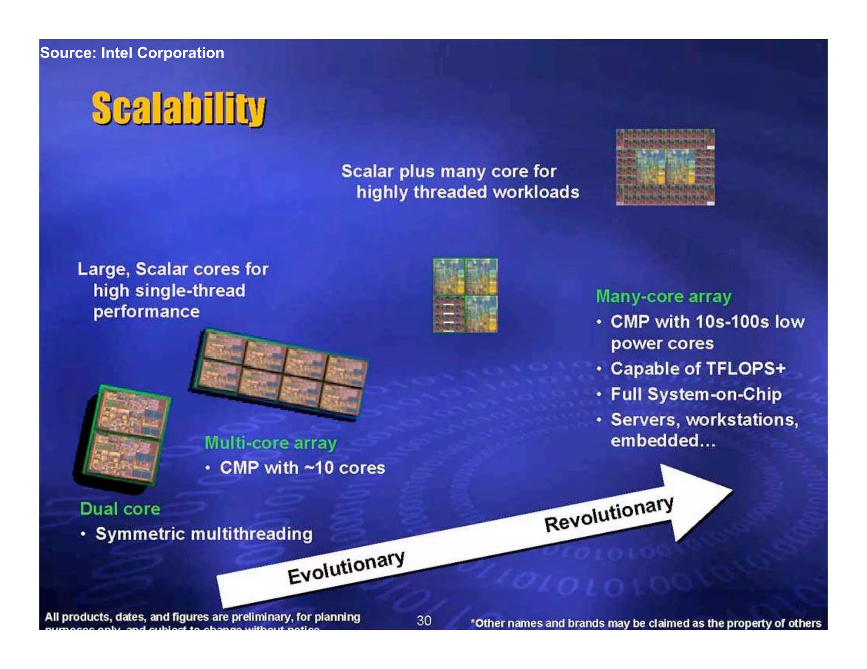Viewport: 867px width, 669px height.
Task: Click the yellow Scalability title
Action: click(x=179, y=109)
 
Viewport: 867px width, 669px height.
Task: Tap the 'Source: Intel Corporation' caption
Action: click(x=132, y=53)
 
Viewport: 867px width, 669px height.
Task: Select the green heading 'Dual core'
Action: click(x=120, y=509)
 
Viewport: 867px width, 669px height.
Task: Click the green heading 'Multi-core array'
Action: click(x=271, y=443)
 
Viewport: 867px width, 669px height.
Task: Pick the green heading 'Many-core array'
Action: click(x=663, y=296)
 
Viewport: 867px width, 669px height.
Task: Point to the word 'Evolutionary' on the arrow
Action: click(x=346, y=568)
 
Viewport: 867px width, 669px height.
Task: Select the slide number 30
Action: click(x=424, y=620)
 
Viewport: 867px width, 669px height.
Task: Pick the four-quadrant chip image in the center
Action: click(x=465, y=295)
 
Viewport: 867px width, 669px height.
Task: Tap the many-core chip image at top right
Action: click(x=665, y=167)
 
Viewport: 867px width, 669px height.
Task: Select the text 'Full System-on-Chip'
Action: click(x=696, y=394)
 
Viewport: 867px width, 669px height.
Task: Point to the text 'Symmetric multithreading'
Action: click(x=204, y=534)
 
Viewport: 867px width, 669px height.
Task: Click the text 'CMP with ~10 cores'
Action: click(x=302, y=468)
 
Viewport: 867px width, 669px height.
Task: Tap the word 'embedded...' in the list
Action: click(x=663, y=441)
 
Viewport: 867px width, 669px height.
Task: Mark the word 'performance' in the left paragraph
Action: click(x=146, y=312)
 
